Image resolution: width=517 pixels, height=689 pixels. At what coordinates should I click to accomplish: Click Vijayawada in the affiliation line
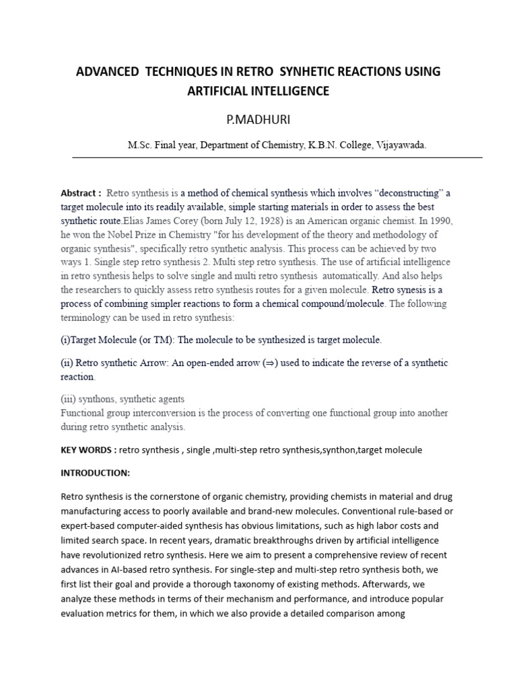pos(402,145)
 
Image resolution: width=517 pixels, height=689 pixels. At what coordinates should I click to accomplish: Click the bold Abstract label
pos(79,192)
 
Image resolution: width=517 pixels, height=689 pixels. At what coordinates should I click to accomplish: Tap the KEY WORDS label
pos(85,449)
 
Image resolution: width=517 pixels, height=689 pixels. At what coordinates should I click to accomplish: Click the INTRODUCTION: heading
pos(95,473)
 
